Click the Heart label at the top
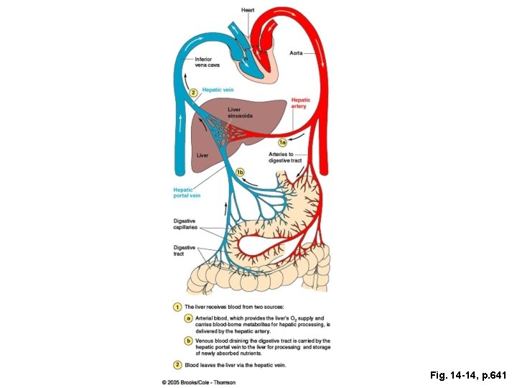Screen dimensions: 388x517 [247, 9]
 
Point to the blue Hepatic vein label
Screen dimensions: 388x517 [218, 90]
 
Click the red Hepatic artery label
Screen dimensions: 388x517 [300, 103]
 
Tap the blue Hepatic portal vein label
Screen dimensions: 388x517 [187, 193]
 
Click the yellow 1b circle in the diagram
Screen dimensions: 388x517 [241, 172]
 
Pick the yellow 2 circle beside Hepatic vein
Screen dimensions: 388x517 [192, 92]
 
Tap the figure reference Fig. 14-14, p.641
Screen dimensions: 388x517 [468, 374]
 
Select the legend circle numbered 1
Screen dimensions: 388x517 [177, 307]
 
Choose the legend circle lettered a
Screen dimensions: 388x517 [187, 318]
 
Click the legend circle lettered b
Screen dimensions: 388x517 [187, 341]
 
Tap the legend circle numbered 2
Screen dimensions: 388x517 [177, 365]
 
